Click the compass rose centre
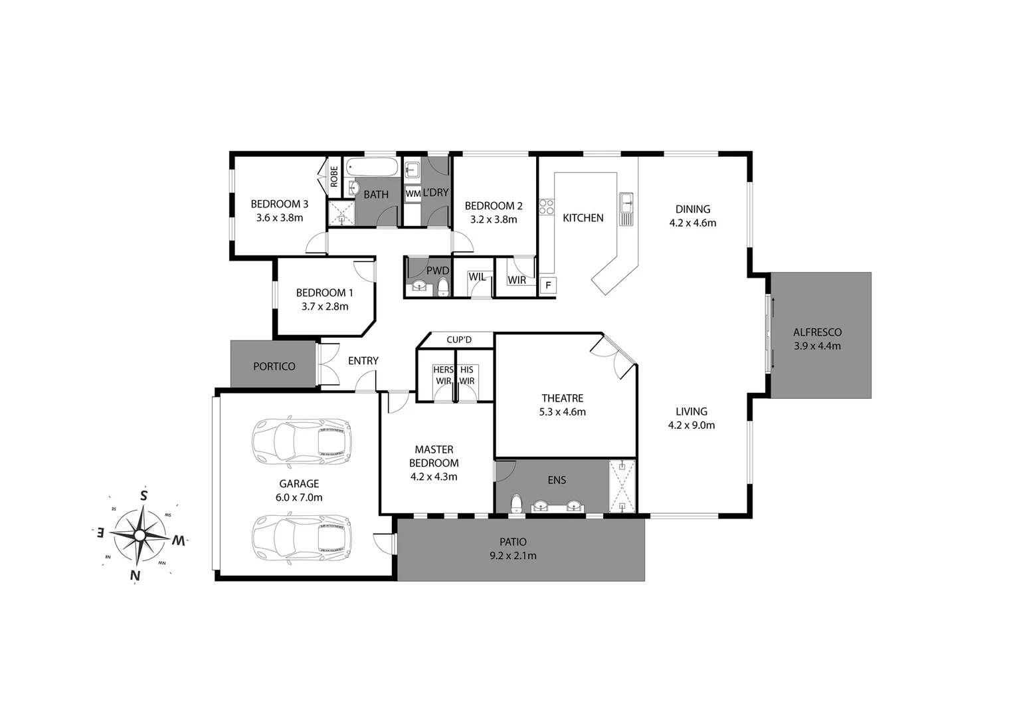[139, 535]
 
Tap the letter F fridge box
[548, 286]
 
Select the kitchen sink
[626, 209]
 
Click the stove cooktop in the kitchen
[546, 207]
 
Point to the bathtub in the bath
[372, 167]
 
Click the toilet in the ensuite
[515, 504]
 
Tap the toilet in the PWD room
[443, 287]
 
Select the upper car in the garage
[301, 441]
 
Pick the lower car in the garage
[301, 538]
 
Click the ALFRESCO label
[817, 332]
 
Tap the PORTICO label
[274, 366]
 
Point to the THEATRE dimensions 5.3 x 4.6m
[562, 412]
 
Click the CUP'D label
[458, 340]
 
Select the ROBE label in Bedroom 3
[334, 176]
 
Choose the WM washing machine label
[413, 193]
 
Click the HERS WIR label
[443, 376]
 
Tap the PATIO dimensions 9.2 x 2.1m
[513, 556]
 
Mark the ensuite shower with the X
[622, 486]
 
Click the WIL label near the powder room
[476, 277]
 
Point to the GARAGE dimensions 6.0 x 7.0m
[299, 497]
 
